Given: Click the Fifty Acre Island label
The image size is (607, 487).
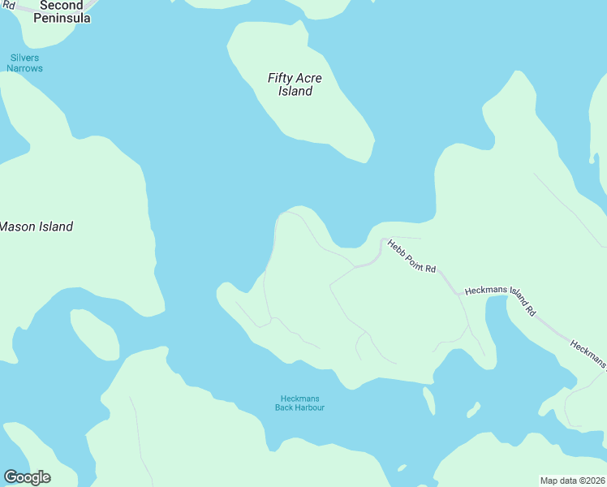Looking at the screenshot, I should click(295, 84).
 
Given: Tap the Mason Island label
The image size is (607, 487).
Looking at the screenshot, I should click(36, 226).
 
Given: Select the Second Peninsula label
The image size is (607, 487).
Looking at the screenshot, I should click(61, 11).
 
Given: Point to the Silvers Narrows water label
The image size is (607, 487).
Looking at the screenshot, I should click(24, 63).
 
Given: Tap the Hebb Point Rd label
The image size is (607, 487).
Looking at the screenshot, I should click(411, 256).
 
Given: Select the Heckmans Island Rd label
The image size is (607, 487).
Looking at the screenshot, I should click(500, 299).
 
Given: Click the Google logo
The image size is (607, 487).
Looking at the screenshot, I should click(27, 477).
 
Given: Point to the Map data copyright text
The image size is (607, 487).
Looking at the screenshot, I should click(572, 481).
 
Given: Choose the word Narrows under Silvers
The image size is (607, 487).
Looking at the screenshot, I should click(24, 69).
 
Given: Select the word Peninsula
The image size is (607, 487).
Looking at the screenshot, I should click(62, 18).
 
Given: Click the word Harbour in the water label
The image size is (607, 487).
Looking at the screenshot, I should click(309, 407).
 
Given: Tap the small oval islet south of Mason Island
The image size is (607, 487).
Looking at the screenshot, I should click(95, 334).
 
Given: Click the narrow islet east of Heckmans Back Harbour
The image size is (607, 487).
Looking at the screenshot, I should click(428, 401).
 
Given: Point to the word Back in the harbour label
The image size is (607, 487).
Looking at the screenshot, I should click(284, 407).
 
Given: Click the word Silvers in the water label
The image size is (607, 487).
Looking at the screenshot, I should click(24, 58).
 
